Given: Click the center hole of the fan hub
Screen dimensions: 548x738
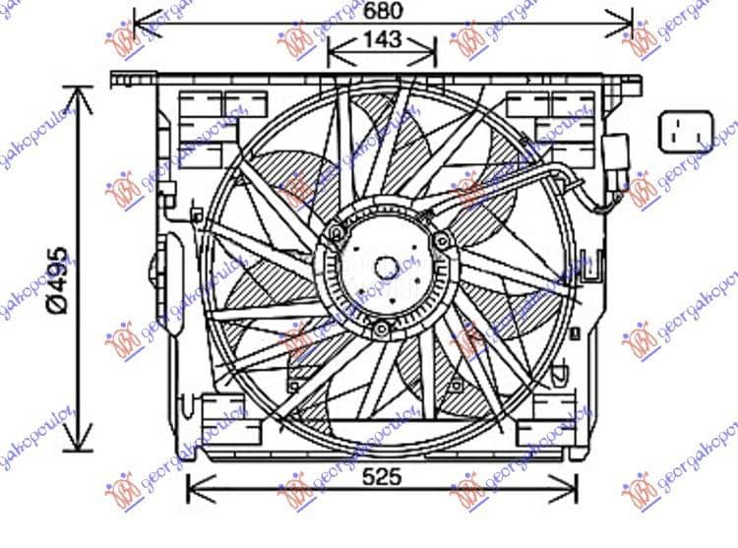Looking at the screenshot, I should [388, 266].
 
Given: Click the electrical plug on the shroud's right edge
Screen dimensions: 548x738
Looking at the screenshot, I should [617, 155].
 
